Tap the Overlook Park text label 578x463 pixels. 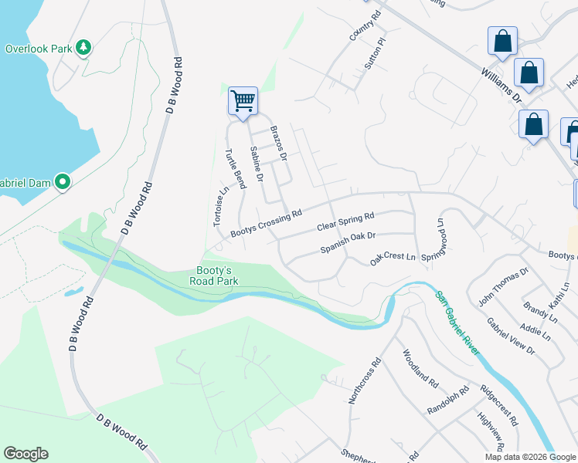(38, 49)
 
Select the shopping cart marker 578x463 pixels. (243, 100)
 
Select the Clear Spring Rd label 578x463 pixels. (345, 222)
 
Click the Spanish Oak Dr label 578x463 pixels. (348, 243)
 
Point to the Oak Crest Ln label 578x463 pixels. (393, 259)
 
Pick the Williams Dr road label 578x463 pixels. (502, 85)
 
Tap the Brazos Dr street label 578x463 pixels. (278, 144)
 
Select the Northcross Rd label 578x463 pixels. (365, 381)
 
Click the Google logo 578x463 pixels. (25, 454)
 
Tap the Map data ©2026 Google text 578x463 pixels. (529, 457)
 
